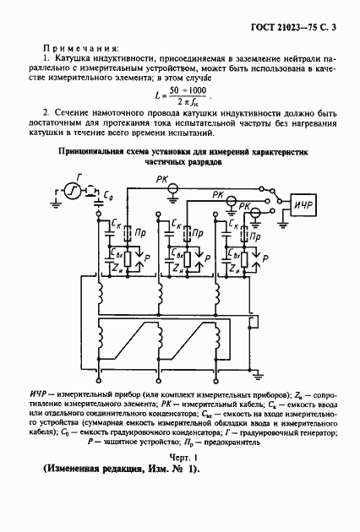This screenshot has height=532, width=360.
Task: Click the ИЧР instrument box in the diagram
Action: point(305,206)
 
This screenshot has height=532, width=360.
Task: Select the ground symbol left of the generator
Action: point(55,200)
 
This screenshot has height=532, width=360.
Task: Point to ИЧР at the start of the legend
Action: point(38,395)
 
